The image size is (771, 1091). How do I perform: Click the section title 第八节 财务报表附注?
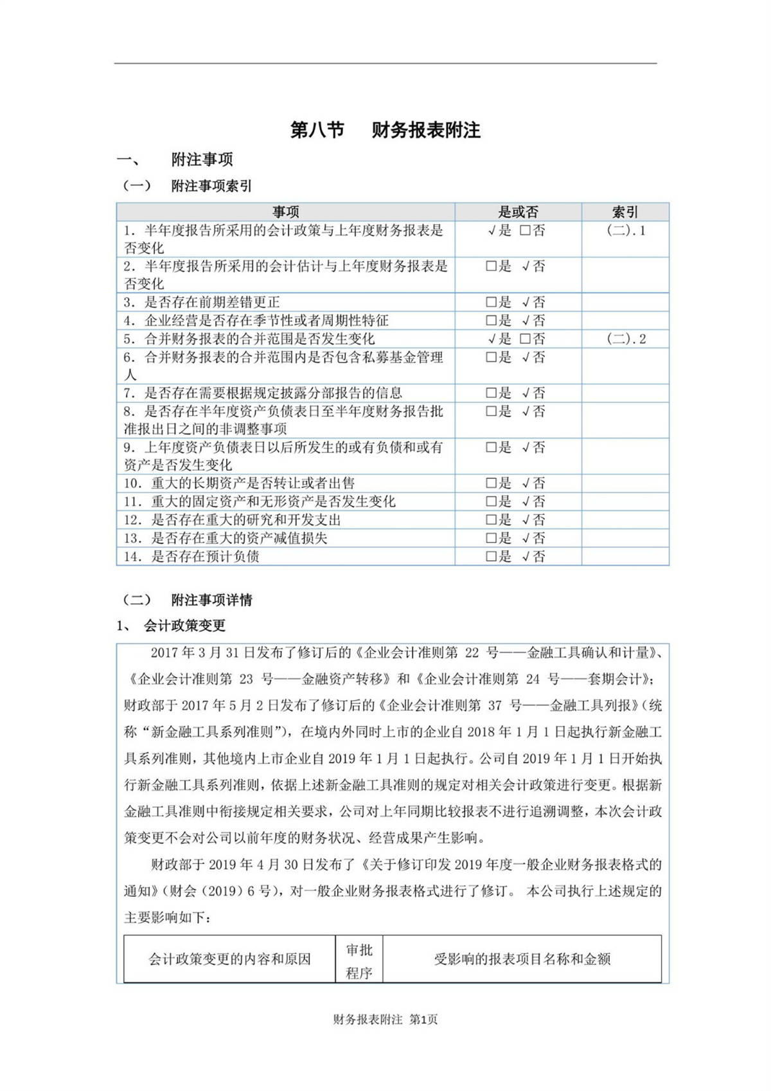pyautogui.click(x=385, y=131)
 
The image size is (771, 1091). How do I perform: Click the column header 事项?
pyautogui.click(x=285, y=212)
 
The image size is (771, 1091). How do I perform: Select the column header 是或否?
pyautogui.click(x=518, y=212)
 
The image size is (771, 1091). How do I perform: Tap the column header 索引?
pyautogui.click(x=625, y=212)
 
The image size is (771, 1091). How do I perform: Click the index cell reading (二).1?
pyautogui.click(x=626, y=231)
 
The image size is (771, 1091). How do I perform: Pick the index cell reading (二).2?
pyautogui.click(x=626, y=339)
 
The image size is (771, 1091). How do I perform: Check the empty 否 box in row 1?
pyautogui.click(x=525, y=231)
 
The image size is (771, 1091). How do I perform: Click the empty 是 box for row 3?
pyautogui.click(x=491, y=302)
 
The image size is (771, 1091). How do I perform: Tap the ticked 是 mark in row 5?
pyautogui.click(x=492, y=339)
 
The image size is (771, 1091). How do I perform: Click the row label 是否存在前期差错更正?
pyautogui.click(x=211, y=302)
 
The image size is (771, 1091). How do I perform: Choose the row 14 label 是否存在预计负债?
pyautogui.click(x=205, y=557)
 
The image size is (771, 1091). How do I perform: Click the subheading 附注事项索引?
pyautogui.click(x=211, y=186)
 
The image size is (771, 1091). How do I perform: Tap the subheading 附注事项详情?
pyautogui.click(x=211, y=600)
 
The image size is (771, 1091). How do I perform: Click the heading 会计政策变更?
pyautogui.click(x=185, y=626)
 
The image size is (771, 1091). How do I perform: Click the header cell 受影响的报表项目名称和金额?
pyautogui.click(x=522, y=960)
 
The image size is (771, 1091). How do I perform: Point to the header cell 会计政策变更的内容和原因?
pyautogui.click(x=229, y=960)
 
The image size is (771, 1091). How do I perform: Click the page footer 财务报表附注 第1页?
pyautogui.click(x=385, y=1020)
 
